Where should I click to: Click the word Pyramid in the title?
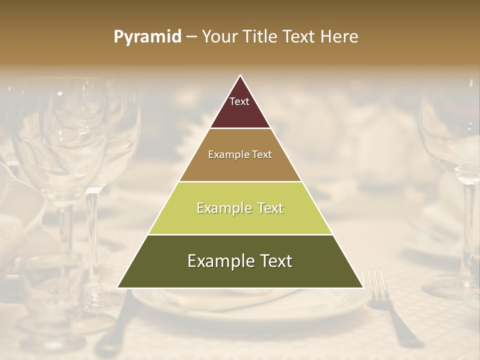click(x=147, y=37)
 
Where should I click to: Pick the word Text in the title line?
click(x=300, y=36)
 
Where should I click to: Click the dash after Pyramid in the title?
click(x=191, y=37)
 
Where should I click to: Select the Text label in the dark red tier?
click(x=239, y=101)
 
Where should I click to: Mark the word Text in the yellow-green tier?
click(x=270, y=208)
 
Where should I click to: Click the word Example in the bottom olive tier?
click(x=218, y=261)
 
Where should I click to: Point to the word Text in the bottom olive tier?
click(x=275, y=261)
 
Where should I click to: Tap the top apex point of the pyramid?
click(x=240, y=75)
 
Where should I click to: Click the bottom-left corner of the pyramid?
click(x=117, y=287)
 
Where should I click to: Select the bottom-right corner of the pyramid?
click(x=363, y=287)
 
